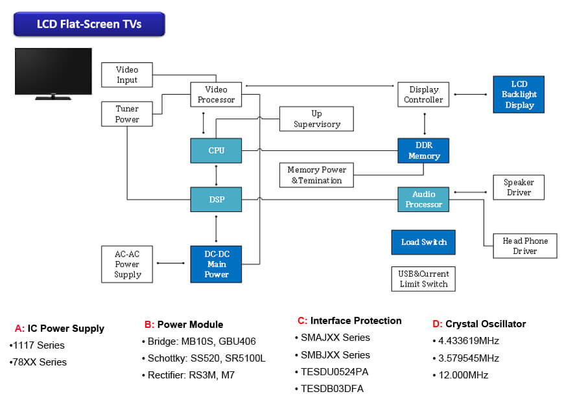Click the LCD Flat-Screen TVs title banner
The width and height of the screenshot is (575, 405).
(89, 25)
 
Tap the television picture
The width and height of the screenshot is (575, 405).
(53, 73)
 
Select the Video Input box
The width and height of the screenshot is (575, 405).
(128, 75)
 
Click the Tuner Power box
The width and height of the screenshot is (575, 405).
(127, 114)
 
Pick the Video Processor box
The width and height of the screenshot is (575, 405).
(216, 95)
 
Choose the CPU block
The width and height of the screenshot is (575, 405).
(216, 150)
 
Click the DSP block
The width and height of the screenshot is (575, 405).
(216, 200)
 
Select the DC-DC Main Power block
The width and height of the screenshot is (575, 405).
(216, 264)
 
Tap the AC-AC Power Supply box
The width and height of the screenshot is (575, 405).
(128, 264)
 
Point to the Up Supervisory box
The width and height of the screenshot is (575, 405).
(316, 119)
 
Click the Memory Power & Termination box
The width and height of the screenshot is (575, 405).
(316, 175)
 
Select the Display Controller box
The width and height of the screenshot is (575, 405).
(423, 95)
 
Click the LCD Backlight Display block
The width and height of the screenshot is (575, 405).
(519, 95)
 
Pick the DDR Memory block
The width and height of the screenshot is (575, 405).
(423, 150)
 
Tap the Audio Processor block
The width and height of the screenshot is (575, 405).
(423, 200)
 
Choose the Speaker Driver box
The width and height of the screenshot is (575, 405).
(519, 187)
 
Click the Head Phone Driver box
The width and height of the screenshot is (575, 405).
(524, 246)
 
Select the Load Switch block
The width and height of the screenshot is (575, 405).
(423, 242)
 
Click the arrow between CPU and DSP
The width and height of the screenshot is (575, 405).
(216, 175)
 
